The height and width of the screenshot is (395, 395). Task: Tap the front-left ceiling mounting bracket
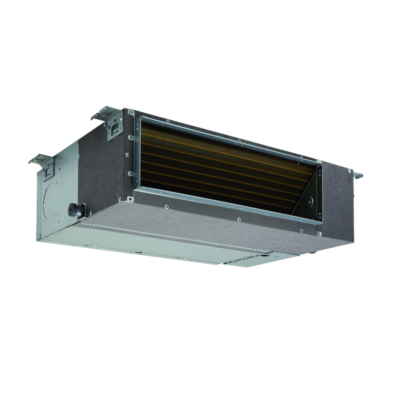point(44,166)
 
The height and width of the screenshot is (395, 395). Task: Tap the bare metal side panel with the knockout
point(61,196)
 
